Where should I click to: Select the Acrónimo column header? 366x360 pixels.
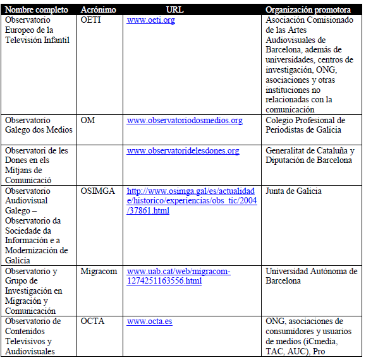coord(99,10)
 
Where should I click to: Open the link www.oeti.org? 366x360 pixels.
coord(150,20)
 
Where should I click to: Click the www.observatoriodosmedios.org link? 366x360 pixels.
coord(185,120)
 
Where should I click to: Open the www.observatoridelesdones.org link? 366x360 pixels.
coord(183,150)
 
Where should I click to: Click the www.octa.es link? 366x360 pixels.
coord(149,321)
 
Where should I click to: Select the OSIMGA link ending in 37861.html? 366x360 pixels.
coord(191,200)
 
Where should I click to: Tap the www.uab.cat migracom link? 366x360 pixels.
coord(178,275)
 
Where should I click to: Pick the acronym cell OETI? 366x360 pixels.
coord(92,20)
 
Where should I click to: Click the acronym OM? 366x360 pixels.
coord(88,120)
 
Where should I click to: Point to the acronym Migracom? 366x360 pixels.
coord(99,271)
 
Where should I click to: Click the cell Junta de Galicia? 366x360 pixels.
coord(293,191)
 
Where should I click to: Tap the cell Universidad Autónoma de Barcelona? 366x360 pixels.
coord(311,275)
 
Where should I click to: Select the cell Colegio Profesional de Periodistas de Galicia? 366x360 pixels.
coord(305,125)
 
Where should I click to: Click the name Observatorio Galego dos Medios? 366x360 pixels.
coord(38,125)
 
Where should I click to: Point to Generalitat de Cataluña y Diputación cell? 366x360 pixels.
coord(309,155)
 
